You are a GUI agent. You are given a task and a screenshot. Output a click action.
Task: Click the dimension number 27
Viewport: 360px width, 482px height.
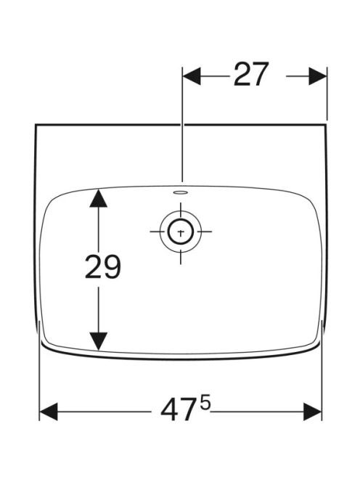coord(251,74)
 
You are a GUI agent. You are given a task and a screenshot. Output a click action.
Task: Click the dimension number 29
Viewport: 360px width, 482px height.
coord(103,267)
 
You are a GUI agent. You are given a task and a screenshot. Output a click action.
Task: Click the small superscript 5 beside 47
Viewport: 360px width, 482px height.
coord(205,404)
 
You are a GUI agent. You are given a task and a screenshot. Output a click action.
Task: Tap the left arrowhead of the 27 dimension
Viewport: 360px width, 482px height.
coord(192,76)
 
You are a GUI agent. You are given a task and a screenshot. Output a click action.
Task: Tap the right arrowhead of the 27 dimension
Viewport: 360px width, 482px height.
coord(318,76)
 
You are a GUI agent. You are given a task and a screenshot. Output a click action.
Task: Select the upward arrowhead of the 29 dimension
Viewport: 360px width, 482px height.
coord(99,199)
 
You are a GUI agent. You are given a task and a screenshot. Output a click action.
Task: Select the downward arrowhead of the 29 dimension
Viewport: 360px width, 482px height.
coord(99,341)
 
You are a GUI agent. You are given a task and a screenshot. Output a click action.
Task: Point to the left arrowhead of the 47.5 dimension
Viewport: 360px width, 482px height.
coord(49,412)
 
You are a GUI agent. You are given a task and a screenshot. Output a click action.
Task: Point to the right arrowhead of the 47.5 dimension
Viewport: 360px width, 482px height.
coord(313,412)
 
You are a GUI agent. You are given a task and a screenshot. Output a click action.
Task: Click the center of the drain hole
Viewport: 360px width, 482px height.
coord(181,232)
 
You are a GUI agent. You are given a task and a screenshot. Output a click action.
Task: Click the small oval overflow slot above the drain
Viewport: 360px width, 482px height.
coord(181,193)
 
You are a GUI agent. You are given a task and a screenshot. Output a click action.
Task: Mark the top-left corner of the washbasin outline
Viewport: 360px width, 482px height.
coord(36,125)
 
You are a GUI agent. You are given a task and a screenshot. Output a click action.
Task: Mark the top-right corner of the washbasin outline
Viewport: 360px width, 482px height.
coord(325,125)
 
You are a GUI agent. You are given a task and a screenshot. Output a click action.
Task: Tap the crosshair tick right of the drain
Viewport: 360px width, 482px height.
coord(205,232)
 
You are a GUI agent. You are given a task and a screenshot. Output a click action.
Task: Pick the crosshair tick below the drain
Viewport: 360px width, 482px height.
coord(181,257)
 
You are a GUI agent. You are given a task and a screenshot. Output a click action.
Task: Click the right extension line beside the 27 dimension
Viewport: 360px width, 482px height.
coord(327,94)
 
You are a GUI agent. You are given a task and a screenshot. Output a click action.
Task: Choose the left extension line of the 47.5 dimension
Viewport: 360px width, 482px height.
coord(40,371)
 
